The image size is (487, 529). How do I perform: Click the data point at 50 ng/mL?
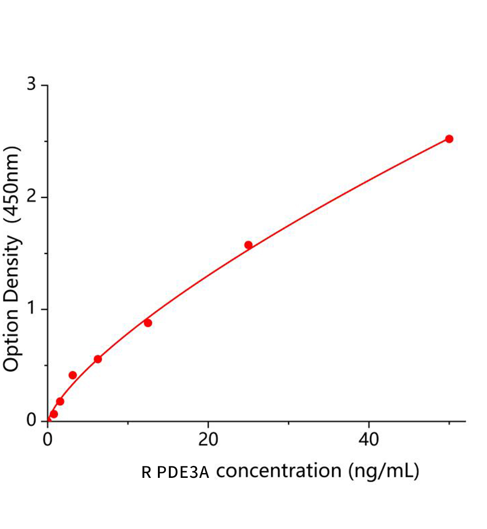coord(449,139)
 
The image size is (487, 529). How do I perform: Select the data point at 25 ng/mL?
coord(248,245)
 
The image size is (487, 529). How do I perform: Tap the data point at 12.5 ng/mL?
coord(148,323)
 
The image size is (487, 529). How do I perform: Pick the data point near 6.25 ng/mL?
coord(98,359)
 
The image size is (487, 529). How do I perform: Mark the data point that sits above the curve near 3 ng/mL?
coord(73,375)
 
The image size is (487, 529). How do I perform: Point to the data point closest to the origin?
coord(54,414)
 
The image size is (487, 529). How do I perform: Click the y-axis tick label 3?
coord(31,84)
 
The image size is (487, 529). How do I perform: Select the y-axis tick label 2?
coord(31,197)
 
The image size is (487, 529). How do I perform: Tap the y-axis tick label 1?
coord(31,309)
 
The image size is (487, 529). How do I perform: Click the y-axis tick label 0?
coord(31,420)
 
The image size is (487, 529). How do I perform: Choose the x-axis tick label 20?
coord(208,440)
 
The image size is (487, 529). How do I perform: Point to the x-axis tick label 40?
coord(368,440)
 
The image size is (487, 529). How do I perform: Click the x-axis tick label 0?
coord(48,440)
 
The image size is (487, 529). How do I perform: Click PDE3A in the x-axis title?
coord(183,473)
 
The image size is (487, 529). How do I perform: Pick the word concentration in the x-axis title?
coord(279,471)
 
